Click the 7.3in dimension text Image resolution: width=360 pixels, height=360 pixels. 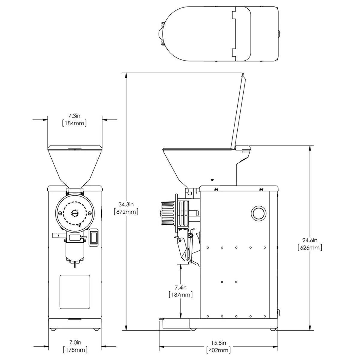coord(74,115)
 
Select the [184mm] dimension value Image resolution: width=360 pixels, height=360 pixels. coord(74,123)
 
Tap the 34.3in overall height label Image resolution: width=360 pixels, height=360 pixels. coord(126,205)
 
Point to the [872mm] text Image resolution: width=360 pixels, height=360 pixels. coord(126,212)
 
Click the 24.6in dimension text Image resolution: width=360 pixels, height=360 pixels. coord(310,240)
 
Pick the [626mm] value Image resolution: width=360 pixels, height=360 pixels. coord(310,248)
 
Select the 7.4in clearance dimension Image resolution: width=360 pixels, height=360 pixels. coord(181,287)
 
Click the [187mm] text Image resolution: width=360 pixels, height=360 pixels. coord(181,295)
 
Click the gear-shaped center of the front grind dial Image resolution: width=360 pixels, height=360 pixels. coord(75,213)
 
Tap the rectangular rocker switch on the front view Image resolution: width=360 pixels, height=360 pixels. coord(94,238)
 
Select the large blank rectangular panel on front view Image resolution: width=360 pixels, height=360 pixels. coord(75,292)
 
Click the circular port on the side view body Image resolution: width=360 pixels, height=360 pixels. coord(258,213)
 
